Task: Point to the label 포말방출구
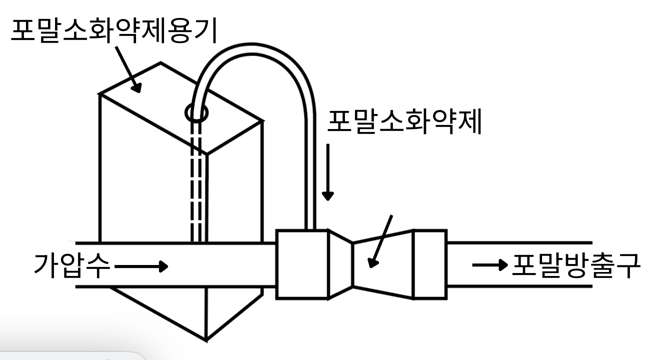[574, 265]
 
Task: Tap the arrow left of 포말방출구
[489, 265]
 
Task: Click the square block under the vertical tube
[302, 264]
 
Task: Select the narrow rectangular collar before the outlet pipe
[429, 264]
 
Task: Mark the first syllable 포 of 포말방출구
[524, 265]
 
